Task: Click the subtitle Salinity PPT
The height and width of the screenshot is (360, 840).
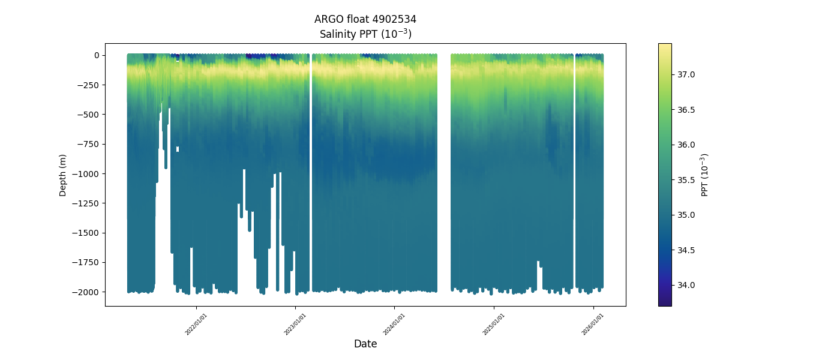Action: (x=365, y=34)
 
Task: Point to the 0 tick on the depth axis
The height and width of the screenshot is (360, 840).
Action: (x=96, y=55)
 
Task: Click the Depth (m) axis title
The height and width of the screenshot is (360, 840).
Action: (x=62, y=175)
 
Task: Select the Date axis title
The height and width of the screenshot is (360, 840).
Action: (x=365, y=344)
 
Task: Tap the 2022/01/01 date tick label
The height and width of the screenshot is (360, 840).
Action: (x=196, y=324)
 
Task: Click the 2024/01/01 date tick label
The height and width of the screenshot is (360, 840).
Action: (x=394, y=324)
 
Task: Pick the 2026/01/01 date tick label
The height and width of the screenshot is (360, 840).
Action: (x=593, y=324)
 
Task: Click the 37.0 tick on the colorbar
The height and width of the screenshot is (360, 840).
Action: (x=686, y=74)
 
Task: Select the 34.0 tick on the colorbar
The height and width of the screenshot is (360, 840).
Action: (x=686, y=285)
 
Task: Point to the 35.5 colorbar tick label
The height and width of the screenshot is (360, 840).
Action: (x=686, y=180)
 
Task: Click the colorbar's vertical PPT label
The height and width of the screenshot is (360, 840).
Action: (x=705, y=175)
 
